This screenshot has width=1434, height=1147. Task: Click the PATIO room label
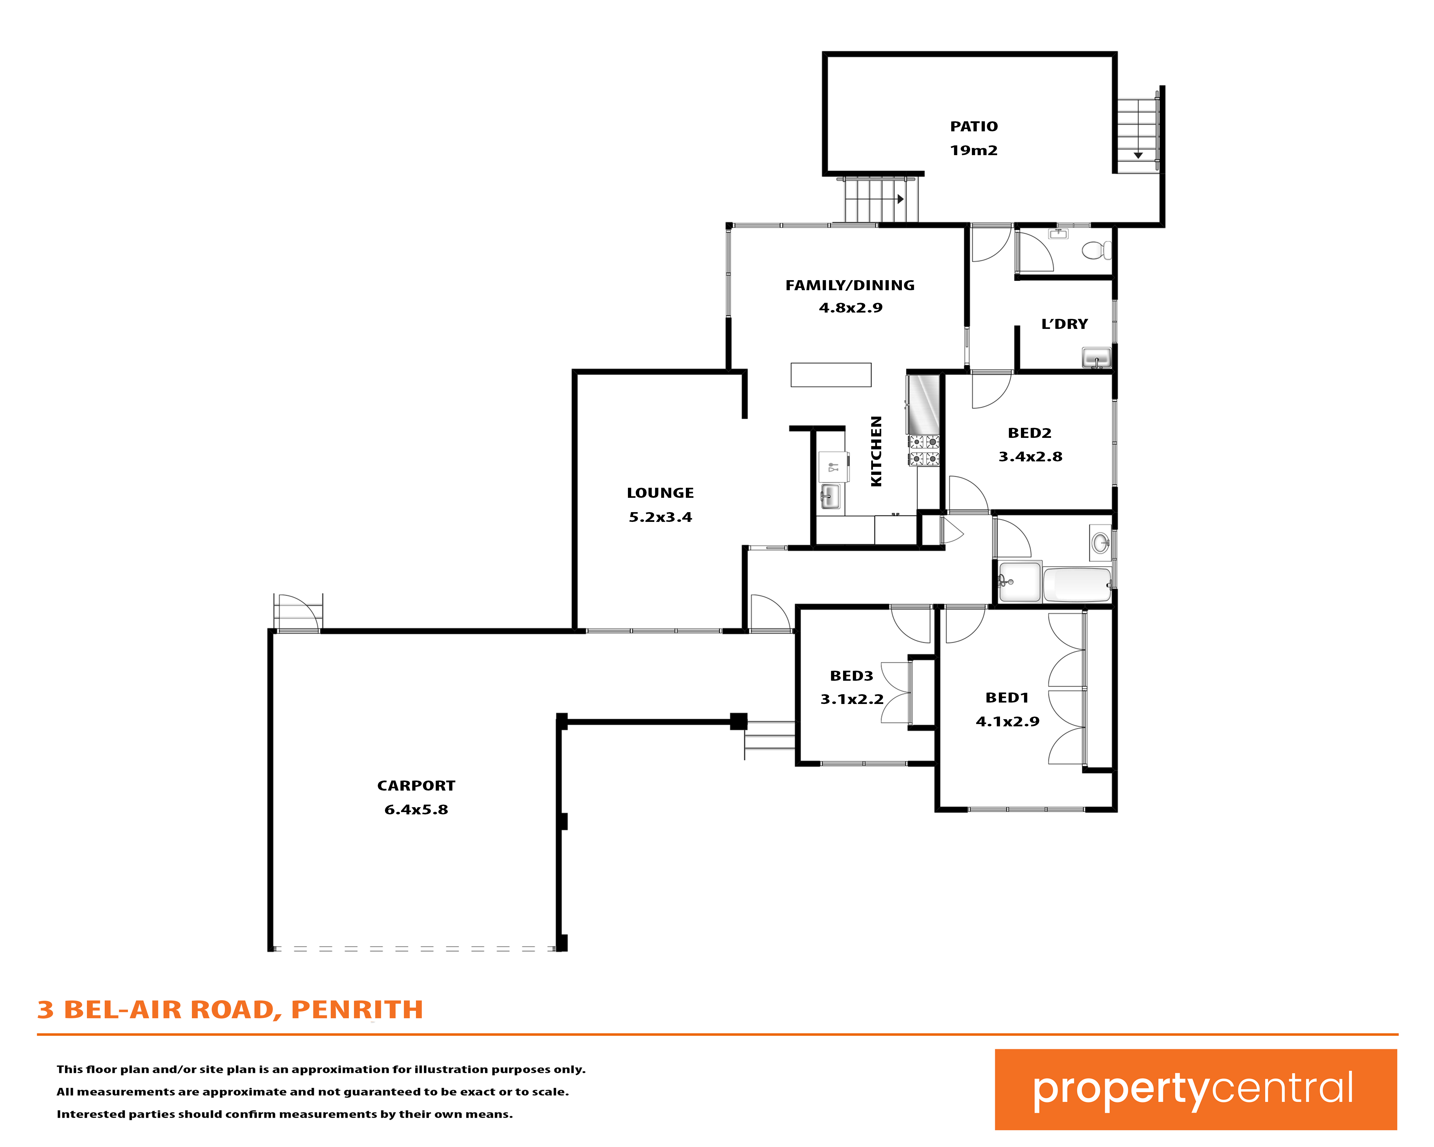(x=974, y=126)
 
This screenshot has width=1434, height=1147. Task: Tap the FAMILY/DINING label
(x=850, y=285)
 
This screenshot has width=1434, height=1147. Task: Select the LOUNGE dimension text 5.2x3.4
(x=660, y=517)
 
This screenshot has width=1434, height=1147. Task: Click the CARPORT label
(x=416, y=786)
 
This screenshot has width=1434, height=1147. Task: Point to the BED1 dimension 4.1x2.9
(x=1008, y=721)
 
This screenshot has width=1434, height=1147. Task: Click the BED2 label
(x=1030, y=433)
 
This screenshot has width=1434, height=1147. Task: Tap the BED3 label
(x=851, y=676)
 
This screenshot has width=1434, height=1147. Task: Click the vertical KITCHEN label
(x=877, y=451)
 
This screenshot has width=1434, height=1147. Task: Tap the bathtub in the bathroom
(x=1077, y=584)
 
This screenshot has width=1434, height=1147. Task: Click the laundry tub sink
(x=1096, y=358)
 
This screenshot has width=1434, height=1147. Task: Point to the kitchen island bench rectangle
(x=831, y=374)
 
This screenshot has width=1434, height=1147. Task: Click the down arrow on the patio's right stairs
(x=1138, y=155)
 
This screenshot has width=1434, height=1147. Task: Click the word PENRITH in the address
(x=357, y=1010)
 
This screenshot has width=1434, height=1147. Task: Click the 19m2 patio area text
(x=974, y=150)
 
